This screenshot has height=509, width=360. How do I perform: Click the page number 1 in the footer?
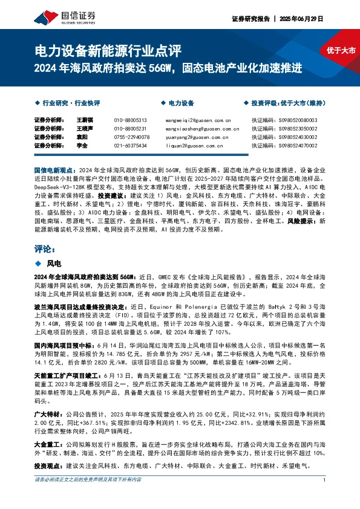coord(325,497)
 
